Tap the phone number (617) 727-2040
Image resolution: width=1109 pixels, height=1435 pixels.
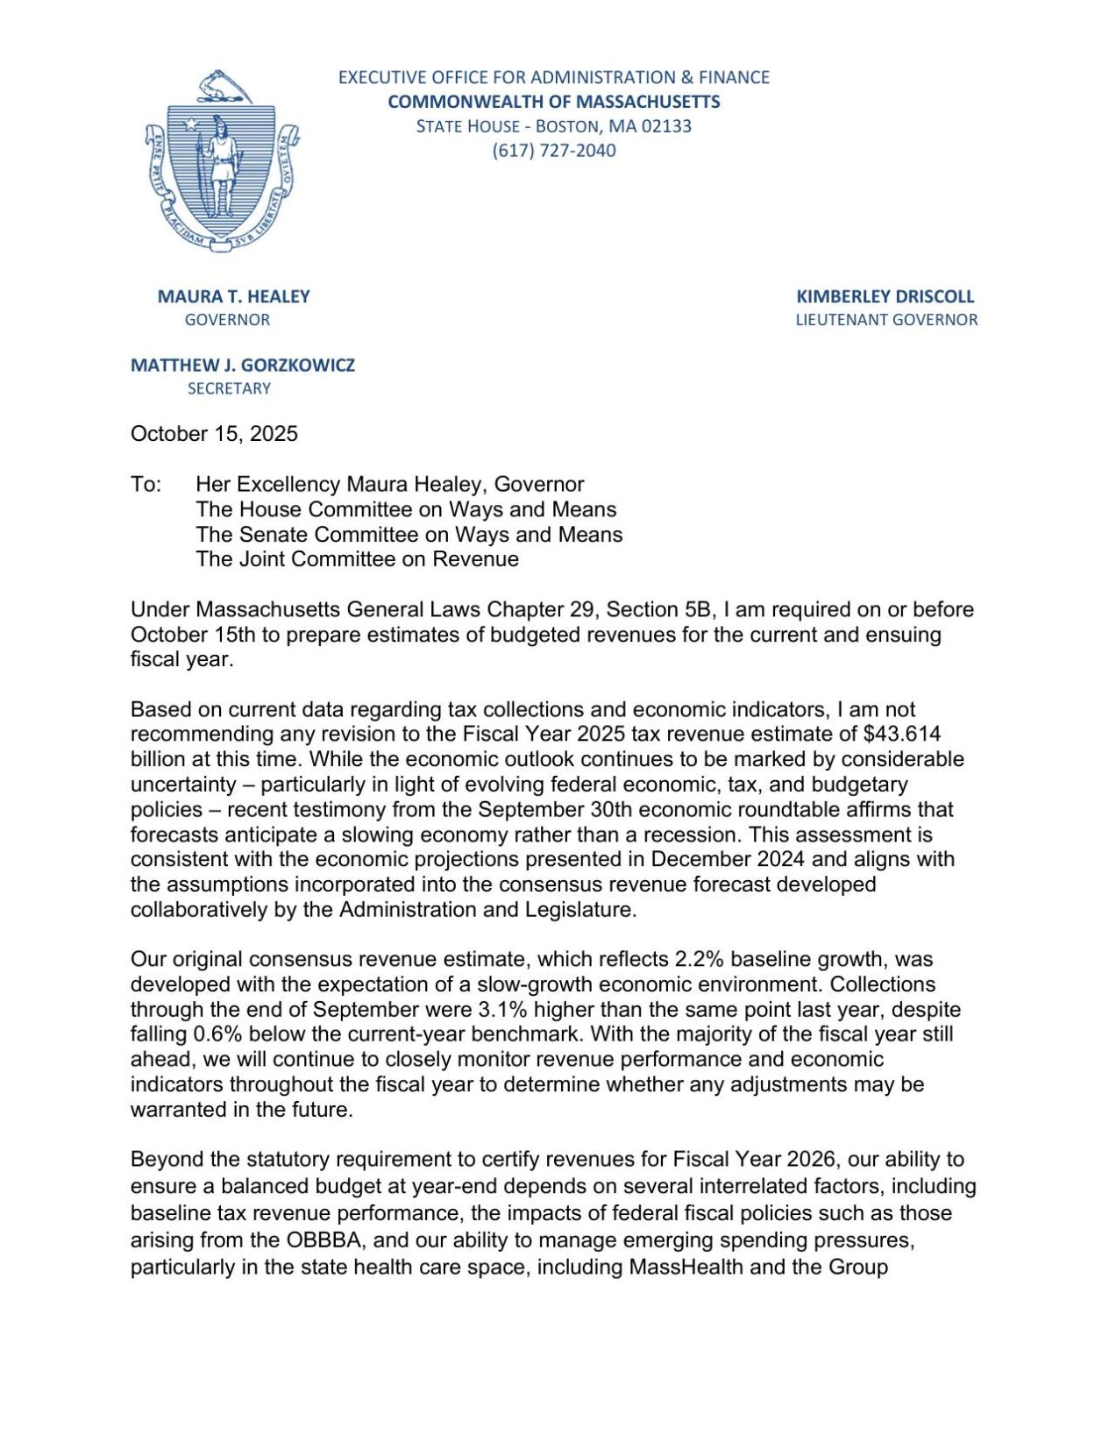553,150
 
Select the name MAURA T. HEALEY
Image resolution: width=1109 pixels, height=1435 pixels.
233,296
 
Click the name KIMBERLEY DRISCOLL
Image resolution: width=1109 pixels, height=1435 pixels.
885,296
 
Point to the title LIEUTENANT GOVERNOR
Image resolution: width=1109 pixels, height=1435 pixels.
885,320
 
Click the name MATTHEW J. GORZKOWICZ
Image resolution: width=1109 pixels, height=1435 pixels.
243,365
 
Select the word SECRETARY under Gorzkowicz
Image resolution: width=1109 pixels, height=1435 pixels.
229,388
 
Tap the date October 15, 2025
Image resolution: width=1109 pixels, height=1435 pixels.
214,434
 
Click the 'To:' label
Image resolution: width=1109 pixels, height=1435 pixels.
146,484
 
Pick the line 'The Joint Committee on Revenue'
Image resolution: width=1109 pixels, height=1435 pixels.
357,558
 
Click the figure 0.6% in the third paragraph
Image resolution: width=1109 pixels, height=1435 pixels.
219,1034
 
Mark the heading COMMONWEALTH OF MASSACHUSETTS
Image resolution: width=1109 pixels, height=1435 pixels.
553,102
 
